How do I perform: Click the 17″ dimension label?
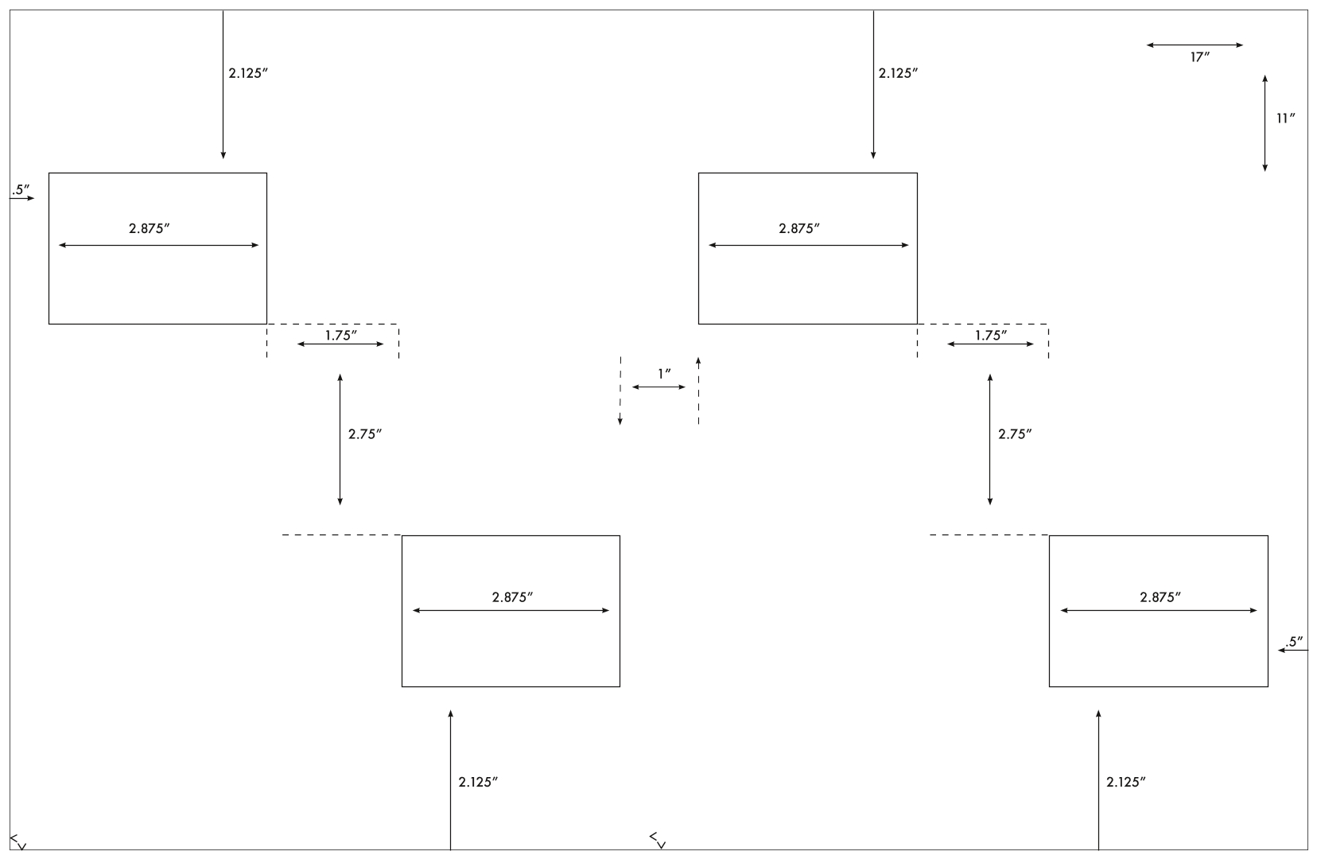tap(1199, 57)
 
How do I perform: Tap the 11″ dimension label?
tap(1285, 119)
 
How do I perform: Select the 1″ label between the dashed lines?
tap(664, 374)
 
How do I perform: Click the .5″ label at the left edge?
tap(21, 189)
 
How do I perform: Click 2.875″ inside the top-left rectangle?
tap(150, 228)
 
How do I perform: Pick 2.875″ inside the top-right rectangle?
tap(799, 228)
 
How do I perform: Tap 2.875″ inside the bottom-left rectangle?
tap(512, 597)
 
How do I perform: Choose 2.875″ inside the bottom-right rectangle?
tap(1160, 597)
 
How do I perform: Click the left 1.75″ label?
tap(341, 335)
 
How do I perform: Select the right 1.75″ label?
tap(991, 335)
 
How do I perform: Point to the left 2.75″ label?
tap(364, 434)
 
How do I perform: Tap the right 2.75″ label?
tap(1015, 434)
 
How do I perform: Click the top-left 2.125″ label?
tap(248, 73)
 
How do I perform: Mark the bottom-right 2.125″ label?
tap(1126, 781)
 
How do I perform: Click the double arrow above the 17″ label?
tap(1195, 45)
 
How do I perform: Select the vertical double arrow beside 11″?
tap(1265, 123)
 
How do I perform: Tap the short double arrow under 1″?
tap(658, 387)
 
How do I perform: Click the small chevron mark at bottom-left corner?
tap(18, 842)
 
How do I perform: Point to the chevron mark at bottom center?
tap(658, 841)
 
